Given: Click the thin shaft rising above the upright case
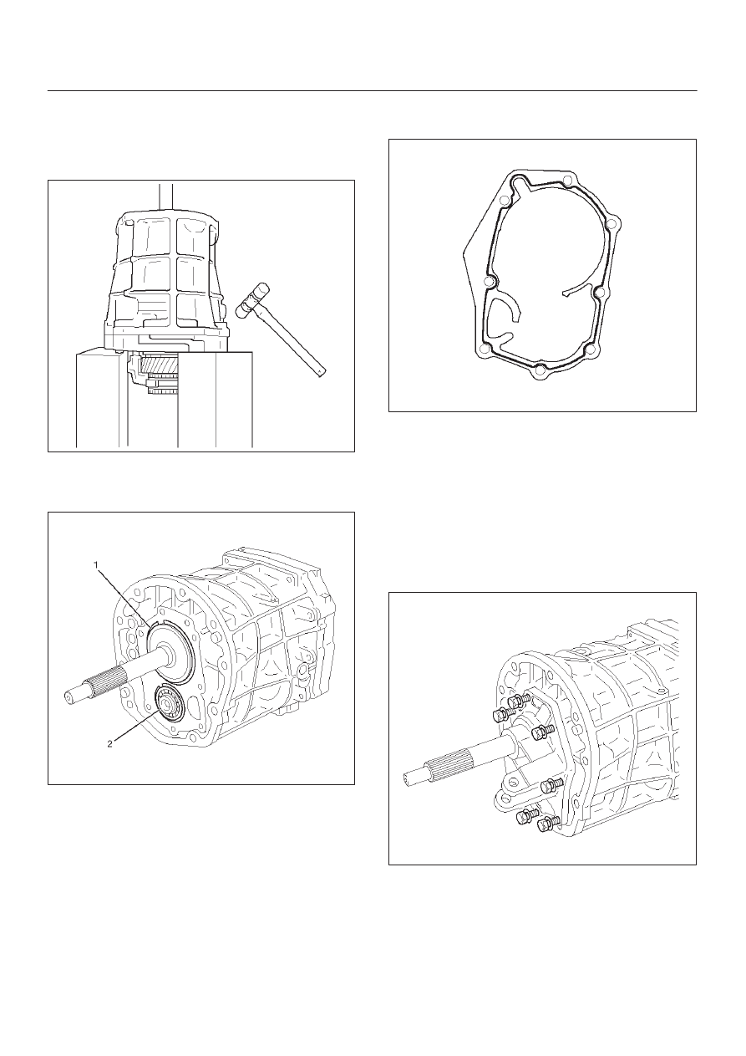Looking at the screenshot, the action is click(x=166, y=196).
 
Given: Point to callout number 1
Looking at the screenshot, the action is click(x=96, y=564).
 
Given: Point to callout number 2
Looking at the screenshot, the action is click(x=109, y=744).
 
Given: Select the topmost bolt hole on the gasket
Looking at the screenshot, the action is click(x=567, y=180).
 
